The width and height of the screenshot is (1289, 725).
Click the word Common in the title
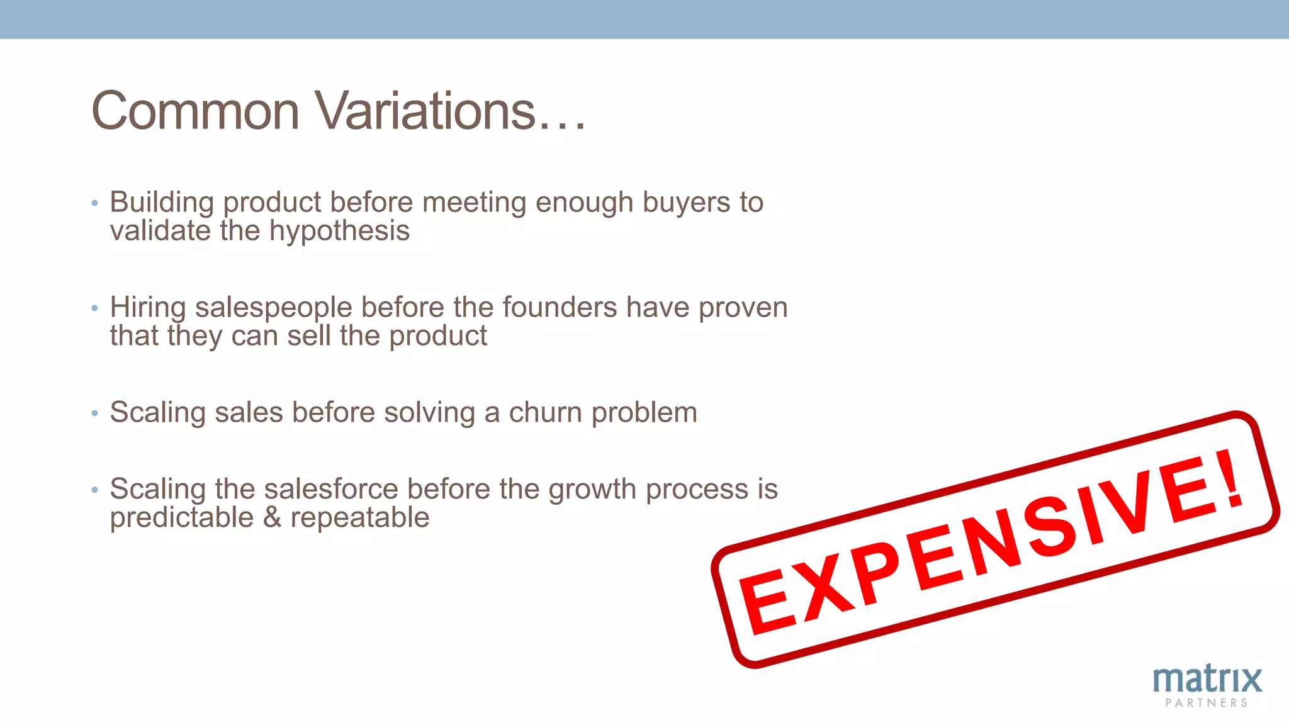pos(195,111)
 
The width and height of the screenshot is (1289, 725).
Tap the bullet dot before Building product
pos(94,203)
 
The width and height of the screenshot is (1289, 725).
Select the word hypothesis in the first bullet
pos(340,232)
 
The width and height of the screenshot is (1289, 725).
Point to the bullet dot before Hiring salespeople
pos(94,308)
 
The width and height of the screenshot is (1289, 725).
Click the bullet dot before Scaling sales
pos(94,413)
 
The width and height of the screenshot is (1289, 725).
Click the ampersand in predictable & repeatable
pos(272,518)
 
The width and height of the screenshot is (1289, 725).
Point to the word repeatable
pos(359,518)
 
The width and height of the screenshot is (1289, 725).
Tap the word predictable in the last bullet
pos(181,518)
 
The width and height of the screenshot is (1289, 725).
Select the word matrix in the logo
pos(1207,680)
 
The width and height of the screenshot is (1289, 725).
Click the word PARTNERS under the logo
pos(1206,703)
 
